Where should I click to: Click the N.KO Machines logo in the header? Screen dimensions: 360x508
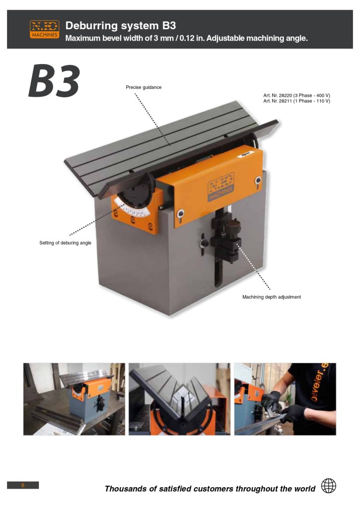click(44, 29)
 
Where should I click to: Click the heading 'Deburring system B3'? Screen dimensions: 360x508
click(121, 25)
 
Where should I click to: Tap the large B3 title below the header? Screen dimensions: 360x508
click(54, 81)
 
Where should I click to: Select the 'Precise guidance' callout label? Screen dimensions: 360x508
click(144, 87)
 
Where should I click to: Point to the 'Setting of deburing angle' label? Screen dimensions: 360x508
click(65, 243)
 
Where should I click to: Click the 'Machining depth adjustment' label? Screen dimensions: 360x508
click(272, 297)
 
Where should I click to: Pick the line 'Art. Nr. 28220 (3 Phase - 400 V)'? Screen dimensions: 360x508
click(296, 95)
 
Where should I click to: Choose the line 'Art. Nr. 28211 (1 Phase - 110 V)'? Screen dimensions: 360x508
click(296, 101)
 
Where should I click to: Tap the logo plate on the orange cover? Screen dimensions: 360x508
click(220, 187)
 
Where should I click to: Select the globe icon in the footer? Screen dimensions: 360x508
click(328, 486)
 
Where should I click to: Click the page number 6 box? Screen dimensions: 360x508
click(23, 485)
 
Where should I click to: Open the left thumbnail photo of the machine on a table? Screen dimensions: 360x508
click(74, 399)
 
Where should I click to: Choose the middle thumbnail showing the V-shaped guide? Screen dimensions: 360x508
click(179, 399)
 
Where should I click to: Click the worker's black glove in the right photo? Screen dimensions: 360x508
click(272, 401)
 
